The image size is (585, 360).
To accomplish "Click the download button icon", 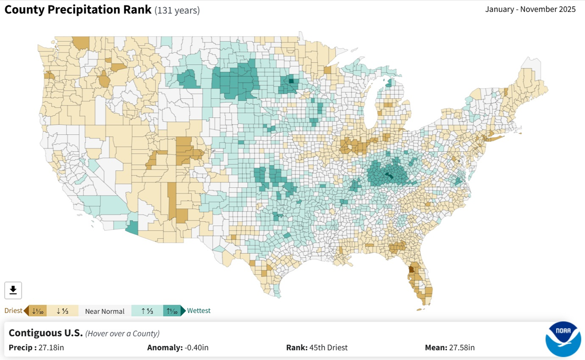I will point(13,290).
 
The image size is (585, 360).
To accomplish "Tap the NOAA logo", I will point(563,339).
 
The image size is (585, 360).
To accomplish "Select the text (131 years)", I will point(177,11).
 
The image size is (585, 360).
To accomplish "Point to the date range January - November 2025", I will point(530,9).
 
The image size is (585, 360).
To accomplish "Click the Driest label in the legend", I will point(13,310).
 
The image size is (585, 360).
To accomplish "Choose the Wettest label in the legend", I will point(199,310).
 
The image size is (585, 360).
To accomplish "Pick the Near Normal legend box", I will point(104,311).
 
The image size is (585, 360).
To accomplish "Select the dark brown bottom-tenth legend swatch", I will point(38,311).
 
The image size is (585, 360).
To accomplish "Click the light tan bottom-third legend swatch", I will point(62,311).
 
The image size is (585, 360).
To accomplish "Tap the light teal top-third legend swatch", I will point(147,311).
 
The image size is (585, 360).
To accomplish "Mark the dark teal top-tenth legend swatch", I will point(172,311).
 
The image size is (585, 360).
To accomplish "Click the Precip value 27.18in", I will point(51,347).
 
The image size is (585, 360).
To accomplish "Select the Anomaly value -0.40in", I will point(196,347).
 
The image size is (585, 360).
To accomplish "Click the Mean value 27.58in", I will point(462,347).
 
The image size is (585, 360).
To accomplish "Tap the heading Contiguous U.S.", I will point(45,333).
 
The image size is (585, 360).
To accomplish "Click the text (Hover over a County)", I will point(122,334).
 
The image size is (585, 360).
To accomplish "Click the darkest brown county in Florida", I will point(411,270).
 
